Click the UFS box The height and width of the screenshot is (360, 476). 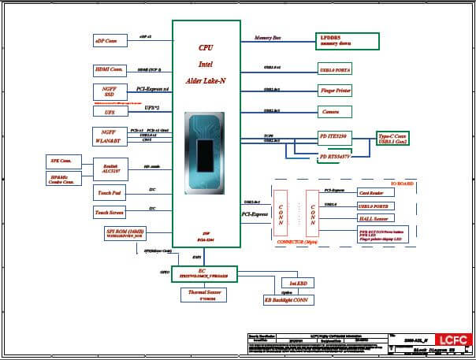point(110,112)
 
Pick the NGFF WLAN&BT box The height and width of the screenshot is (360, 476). point(110,136)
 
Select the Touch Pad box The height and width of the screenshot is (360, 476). point(110,192)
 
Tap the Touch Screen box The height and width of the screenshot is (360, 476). point(110,212)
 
